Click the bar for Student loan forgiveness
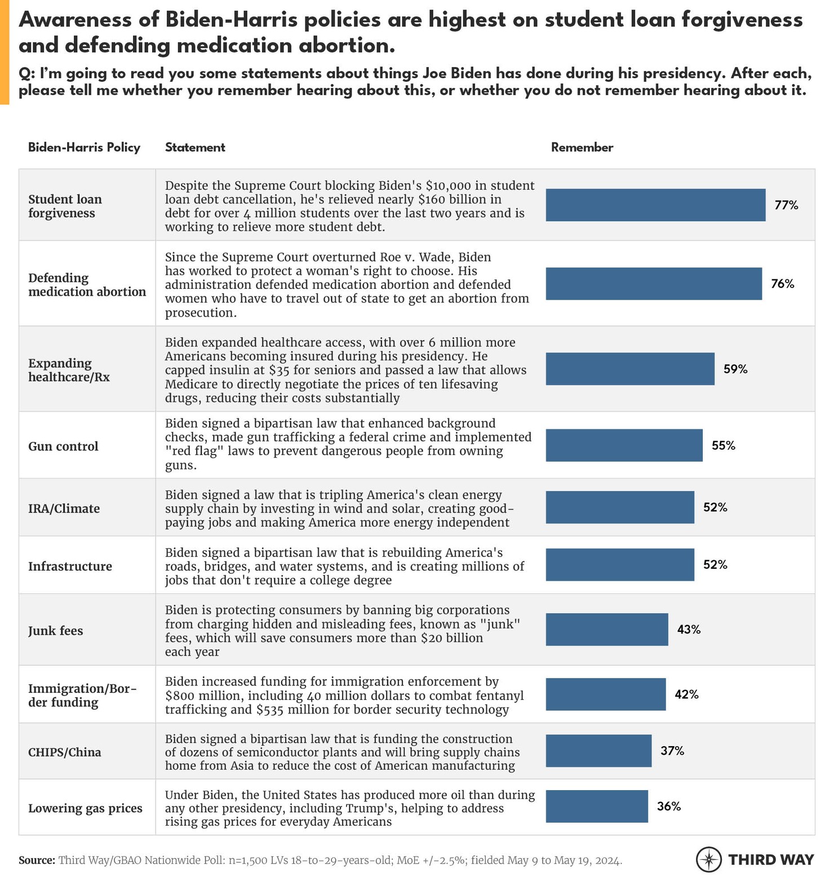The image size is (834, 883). (x=655, y=205)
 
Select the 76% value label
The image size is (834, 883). (x=782, y=284)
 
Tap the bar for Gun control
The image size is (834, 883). (x=624, y=445)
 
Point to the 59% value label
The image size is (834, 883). (x=735, y=369)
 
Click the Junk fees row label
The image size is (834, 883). (x=55, y=631)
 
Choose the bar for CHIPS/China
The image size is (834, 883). (x=598, y=751)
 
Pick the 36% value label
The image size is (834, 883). (x=669, y=806)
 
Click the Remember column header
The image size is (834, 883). (x=582, y=148)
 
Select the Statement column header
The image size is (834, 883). (x=195, y=148)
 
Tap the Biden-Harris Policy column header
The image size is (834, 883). (x=84, y=148)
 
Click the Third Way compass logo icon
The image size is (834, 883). (x=709, y=859)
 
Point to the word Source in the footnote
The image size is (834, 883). (x=37, y=860)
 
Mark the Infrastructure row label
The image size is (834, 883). (x=70, y=567)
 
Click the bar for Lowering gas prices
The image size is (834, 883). (x=597, y=806)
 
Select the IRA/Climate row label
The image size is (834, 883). (x=64, y=509)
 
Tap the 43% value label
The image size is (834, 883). (x=689, y=630)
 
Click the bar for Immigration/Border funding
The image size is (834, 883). (x=606, y=694)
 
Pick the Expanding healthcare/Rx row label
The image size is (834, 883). (x=69, y=370)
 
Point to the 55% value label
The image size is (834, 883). (x=724, y=445)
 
